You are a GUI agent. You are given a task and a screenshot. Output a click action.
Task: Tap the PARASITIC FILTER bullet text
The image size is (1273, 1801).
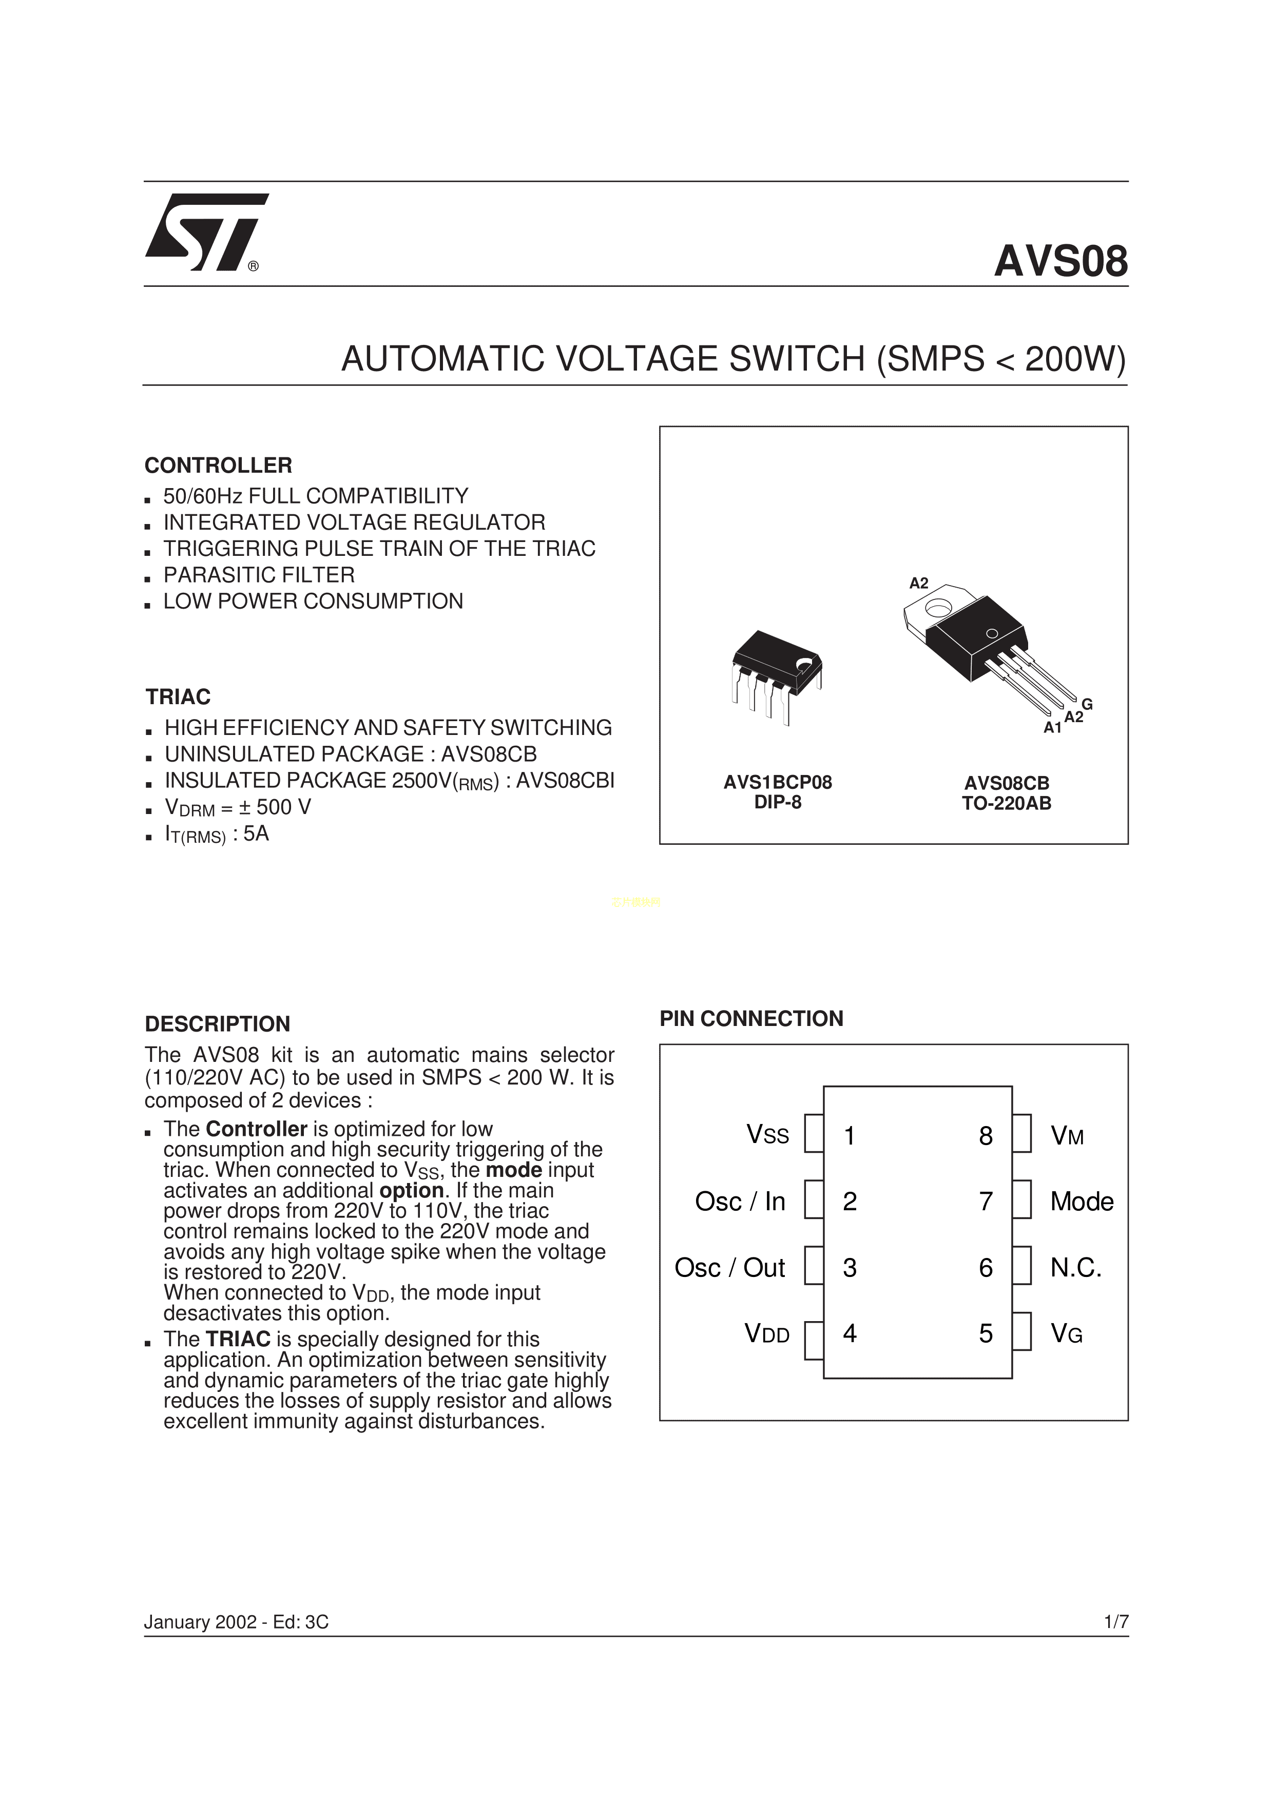[259, 575]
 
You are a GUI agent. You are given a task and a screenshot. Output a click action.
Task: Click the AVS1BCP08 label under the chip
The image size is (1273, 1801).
[777, 782]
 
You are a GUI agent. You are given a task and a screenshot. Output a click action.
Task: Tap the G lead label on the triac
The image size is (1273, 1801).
[1087, 704]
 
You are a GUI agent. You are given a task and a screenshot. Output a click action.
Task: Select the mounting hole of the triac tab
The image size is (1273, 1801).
[938, 608]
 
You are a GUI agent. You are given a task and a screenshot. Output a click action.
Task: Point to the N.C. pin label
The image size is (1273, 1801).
[1076, 1268]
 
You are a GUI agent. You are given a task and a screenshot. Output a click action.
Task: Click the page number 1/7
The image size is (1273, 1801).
[1115, 1622]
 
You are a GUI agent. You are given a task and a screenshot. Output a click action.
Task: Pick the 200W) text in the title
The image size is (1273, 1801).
[1074, 359]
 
